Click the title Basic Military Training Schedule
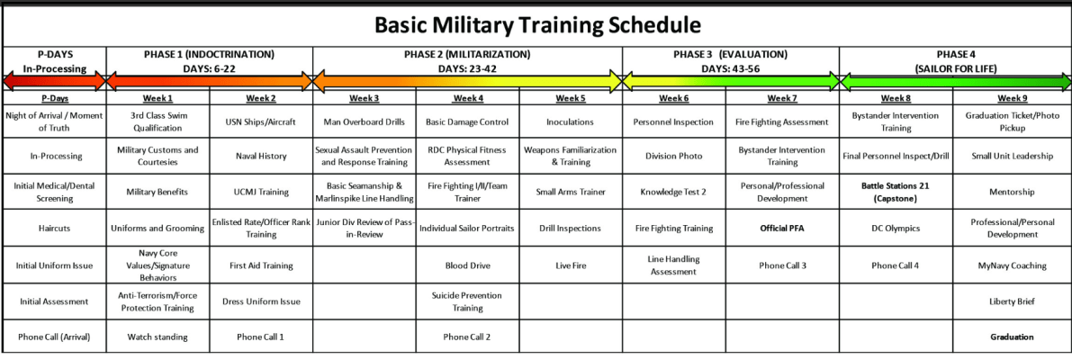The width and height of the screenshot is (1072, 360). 537,24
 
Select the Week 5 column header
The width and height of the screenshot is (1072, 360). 571,98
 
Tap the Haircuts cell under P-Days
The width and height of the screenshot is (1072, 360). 54,229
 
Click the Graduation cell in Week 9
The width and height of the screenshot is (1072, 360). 1006,337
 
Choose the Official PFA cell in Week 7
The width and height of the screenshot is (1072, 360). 781,229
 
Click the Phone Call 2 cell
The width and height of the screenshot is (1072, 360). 467,337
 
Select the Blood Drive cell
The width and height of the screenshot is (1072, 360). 467,265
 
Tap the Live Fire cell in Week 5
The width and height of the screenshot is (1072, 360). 571,265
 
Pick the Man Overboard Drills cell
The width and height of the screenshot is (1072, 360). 364,121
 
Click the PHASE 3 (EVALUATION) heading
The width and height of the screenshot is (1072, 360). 730,54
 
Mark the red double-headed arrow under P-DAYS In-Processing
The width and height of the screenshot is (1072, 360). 54,83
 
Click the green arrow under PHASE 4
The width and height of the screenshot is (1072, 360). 955,83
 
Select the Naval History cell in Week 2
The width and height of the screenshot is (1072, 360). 260,156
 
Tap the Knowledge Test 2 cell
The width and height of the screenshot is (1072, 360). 673,192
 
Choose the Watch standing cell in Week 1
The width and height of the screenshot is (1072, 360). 158,337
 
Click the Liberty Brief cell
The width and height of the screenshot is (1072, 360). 1006,301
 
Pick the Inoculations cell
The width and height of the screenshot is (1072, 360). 571,121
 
